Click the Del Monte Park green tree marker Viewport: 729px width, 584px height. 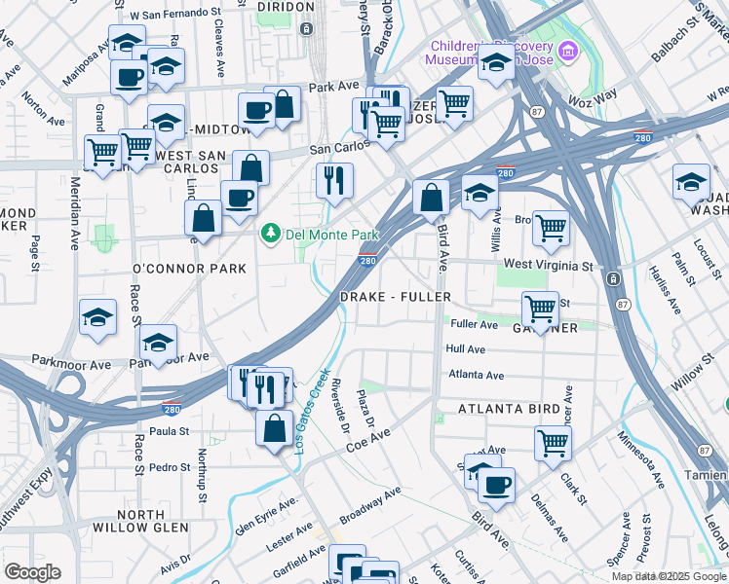(270, 235)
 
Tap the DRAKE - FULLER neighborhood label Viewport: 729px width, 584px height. (395, 296)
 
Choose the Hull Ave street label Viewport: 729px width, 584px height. (465, 348)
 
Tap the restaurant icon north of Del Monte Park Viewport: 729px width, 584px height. (334, 180)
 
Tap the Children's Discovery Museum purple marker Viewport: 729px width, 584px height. (568, 50)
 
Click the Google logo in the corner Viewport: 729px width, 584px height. (32, 572)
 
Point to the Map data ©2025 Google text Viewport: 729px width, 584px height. (668, 576)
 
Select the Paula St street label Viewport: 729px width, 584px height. (169, 430)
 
